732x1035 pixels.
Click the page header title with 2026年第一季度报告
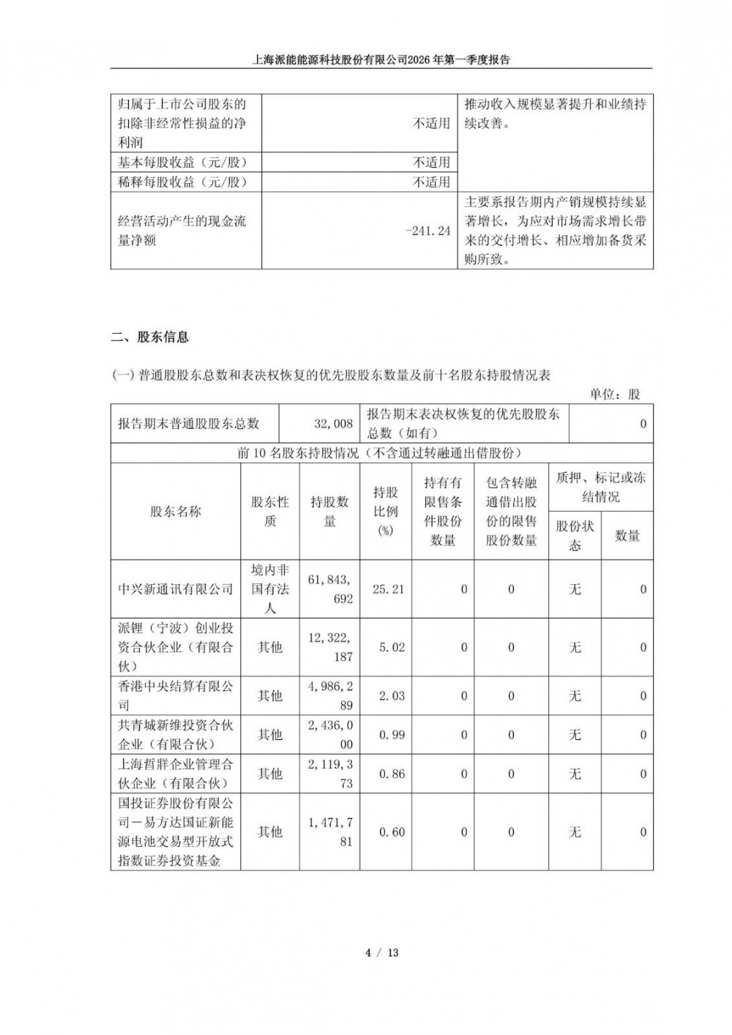381,60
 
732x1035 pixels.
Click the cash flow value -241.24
428,231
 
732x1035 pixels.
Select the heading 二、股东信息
150,337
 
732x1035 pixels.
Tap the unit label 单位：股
616,394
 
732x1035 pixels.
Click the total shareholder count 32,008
333,424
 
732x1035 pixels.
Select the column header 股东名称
176,512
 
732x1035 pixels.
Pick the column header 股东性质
270,512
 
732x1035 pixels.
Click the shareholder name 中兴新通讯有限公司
176,589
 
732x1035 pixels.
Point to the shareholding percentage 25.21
388,589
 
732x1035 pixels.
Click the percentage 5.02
391,647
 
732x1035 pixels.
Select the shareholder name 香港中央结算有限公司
176,695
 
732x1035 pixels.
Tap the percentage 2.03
391,695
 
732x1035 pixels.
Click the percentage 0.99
391,735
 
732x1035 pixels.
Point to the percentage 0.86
391,774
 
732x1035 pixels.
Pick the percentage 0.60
391,832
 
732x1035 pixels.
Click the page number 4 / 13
381,952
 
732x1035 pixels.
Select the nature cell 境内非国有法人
270,589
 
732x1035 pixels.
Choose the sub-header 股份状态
575,536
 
